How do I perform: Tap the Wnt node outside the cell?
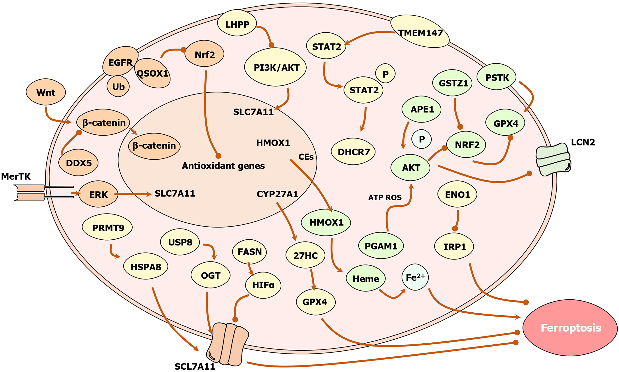click(46, 92)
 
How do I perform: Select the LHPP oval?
click(237, 24)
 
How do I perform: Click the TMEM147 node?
click(420, 32)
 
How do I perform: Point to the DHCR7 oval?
click(353, 151)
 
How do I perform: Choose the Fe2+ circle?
click(415, 277)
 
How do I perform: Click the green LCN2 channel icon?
click(553, 159)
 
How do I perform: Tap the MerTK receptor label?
click(16, 176)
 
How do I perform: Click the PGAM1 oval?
click(381, 246)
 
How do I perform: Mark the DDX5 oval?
click(78, 163)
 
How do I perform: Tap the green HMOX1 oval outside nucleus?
click(326, 222)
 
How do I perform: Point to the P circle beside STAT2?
click(385, 74)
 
